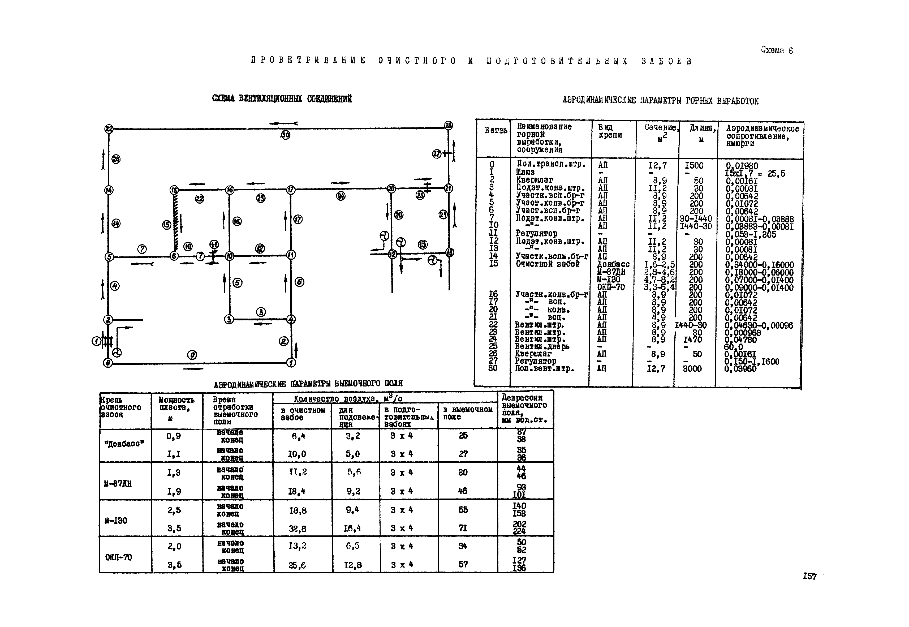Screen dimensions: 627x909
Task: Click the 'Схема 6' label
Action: [777, 50]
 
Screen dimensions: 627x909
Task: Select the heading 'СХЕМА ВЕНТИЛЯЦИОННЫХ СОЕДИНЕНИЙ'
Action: [282, 98]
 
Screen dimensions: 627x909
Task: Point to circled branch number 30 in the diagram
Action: [285, 135]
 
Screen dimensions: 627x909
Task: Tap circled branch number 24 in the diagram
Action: [341, 196]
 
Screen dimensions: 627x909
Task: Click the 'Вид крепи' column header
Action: [610, 131]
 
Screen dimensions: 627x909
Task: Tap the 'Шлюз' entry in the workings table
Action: [525, 172]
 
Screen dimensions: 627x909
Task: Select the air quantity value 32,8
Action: [297, 529]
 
